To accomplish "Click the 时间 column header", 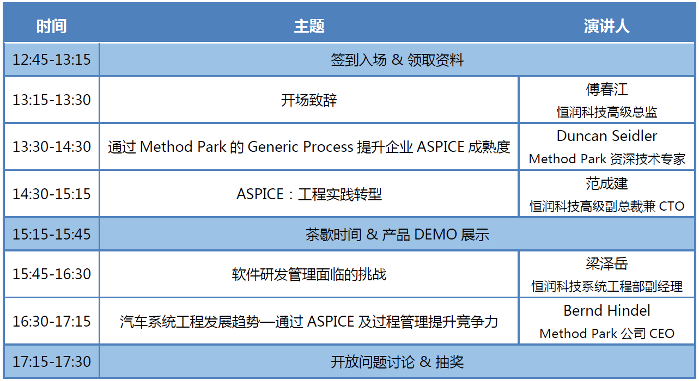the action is coord(52,26).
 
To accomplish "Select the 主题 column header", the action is coord(309,26).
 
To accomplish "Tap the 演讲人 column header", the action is coord(606,26).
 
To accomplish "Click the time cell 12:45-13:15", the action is coord(52,59).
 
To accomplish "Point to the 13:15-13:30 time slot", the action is coord(52,100).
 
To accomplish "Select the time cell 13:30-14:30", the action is coord(52,146).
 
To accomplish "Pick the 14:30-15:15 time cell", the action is coord(52,194).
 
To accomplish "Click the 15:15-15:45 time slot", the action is coord(52,234).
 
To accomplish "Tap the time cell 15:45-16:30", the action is coord(52,274).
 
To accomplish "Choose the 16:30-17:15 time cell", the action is coord(52,322).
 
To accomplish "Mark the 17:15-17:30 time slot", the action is coord(52,361).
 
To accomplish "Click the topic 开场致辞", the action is coord(309,100).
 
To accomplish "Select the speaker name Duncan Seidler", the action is coord(606,136).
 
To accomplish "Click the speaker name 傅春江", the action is coord(606,89).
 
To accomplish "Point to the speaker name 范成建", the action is coord(606,183).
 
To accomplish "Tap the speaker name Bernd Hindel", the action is coord(606,311).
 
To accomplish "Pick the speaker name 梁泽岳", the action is coord(606,264).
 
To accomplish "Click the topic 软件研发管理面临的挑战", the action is coord(309,274).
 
